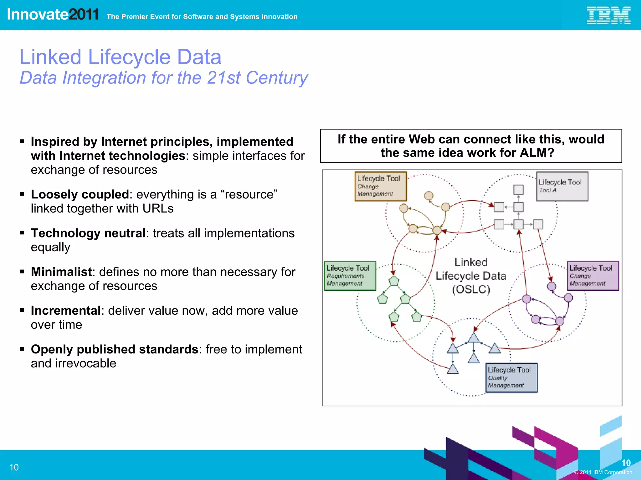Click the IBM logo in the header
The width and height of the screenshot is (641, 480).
click(608, 16)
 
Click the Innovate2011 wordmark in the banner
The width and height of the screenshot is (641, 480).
click(53, 14)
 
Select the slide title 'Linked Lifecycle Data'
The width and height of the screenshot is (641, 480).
click(121, 57)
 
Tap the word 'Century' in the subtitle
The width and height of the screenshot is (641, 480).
click(277, 78)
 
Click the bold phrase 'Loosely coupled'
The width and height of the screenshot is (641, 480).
click(80, 195)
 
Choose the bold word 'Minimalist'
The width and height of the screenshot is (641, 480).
click(61, 272)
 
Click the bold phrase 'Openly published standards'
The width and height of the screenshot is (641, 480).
click(114, 349)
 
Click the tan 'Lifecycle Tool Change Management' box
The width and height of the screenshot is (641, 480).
click(380, 186)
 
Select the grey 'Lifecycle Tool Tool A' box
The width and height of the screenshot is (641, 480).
click(562, 186)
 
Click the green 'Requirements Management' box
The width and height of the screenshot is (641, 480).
click(350, 276)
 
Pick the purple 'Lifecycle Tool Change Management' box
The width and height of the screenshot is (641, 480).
click(593, 276)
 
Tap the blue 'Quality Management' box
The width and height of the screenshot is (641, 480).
click(511, 377)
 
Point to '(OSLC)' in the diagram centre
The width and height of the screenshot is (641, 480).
click(471, 290)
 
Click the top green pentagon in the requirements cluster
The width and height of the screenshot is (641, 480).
click(394, 281)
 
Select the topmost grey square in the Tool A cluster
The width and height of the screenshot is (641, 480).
click(519, 190)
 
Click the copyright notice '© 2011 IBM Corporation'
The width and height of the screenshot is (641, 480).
click(603, 472)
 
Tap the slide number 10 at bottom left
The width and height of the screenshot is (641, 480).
click(14, 467)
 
